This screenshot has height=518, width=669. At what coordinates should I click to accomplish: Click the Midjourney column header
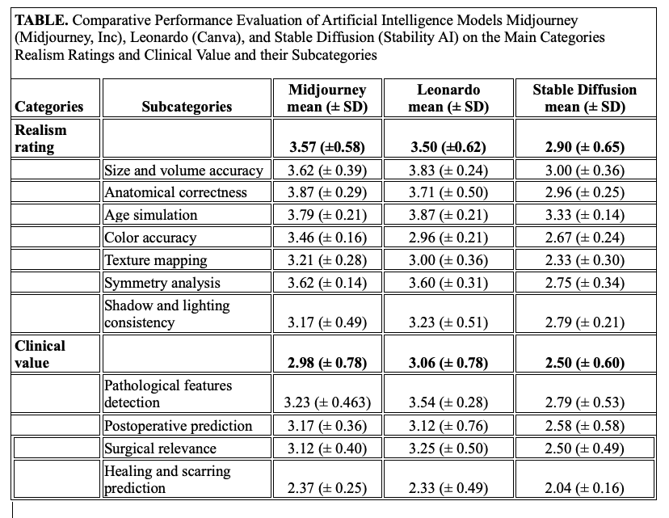click(x=327, y=98)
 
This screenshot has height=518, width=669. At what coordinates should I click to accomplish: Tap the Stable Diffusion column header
click(x=584, y=98)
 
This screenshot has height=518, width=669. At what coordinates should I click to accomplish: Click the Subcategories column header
click(x=186, y=107)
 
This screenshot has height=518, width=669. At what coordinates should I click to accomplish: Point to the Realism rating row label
click(x=40, y=138)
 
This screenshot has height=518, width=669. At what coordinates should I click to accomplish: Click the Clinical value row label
click(x=40, y=354)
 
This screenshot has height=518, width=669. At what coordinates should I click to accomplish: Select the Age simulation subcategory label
click(x=151, y=215)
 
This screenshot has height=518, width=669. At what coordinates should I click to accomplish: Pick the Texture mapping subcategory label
click(x=156, y=260)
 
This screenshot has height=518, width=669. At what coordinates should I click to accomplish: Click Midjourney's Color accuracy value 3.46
click(x=327, y=238)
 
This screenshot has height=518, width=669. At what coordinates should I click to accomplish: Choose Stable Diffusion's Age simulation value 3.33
click(x=584, y=215)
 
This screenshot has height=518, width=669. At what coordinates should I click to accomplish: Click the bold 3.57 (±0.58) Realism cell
click(x=327, y=147)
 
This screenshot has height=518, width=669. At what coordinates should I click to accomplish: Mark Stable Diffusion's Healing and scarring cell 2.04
click(x=584, y=487)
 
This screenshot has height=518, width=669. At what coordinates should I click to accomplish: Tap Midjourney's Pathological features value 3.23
click(x=327, y=402)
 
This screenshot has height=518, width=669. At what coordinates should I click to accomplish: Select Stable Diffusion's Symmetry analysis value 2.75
click(x=584, y=283)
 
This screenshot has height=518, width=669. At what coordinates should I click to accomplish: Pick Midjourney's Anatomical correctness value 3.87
click(x=327, y=192)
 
